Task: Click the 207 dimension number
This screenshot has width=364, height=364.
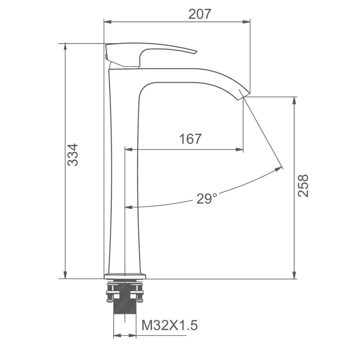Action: click(x=199, y=14)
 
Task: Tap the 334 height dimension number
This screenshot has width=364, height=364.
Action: click(x=73, y=155)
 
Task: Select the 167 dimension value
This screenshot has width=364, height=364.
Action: click(x=190, y=139)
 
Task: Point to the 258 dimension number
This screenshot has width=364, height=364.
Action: click(x=303, y=186)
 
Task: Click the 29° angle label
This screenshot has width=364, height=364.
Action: click(x=207, y=198)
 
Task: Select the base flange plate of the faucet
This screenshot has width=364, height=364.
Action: click(x=125, y=276)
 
